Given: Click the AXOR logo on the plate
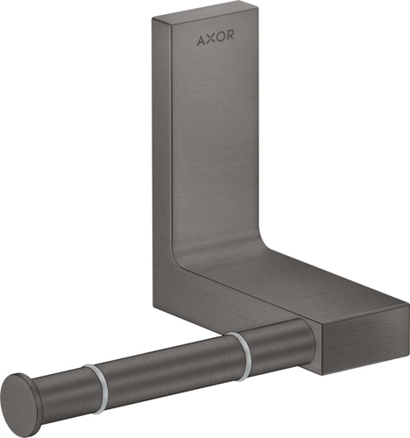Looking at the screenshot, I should [x=214, y=39].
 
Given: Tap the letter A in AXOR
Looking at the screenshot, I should [x=201, y=39].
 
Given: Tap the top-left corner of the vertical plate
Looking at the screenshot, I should [x=153, y=18].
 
